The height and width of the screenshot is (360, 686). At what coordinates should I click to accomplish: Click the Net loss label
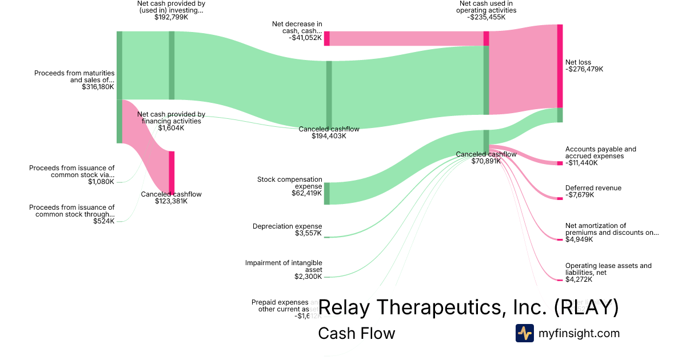click(578, 62)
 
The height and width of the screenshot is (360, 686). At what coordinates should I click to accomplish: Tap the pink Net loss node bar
click(560, 66)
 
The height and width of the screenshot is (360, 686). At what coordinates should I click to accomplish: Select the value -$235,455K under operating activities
click(486, 17)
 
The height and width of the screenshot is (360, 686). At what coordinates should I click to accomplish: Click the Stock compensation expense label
click(290, 183)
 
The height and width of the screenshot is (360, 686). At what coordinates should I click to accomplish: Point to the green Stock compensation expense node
click(327, 193)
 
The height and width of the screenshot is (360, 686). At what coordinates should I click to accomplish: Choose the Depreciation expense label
click(288, 226)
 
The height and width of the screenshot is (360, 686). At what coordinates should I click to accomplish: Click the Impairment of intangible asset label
click(284, 266)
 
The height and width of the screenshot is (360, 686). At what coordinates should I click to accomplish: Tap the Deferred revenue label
click(593, 188)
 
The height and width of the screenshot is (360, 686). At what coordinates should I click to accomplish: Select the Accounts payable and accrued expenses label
click(600, 153)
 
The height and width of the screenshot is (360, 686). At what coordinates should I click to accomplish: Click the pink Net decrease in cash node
click(326, 38)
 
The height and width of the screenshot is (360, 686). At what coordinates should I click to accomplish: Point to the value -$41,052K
click(301, 38)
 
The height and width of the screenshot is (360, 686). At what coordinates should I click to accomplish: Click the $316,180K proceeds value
click(98, 87)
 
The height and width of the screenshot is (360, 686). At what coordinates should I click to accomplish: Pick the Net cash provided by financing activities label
click(171, 118)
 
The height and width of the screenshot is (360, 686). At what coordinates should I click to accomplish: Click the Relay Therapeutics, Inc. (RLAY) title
click(468, 307)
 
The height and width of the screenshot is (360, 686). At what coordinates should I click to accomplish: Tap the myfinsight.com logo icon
click(524, 333)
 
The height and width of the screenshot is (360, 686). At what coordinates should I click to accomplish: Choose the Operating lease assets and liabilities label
click(608, 269)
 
